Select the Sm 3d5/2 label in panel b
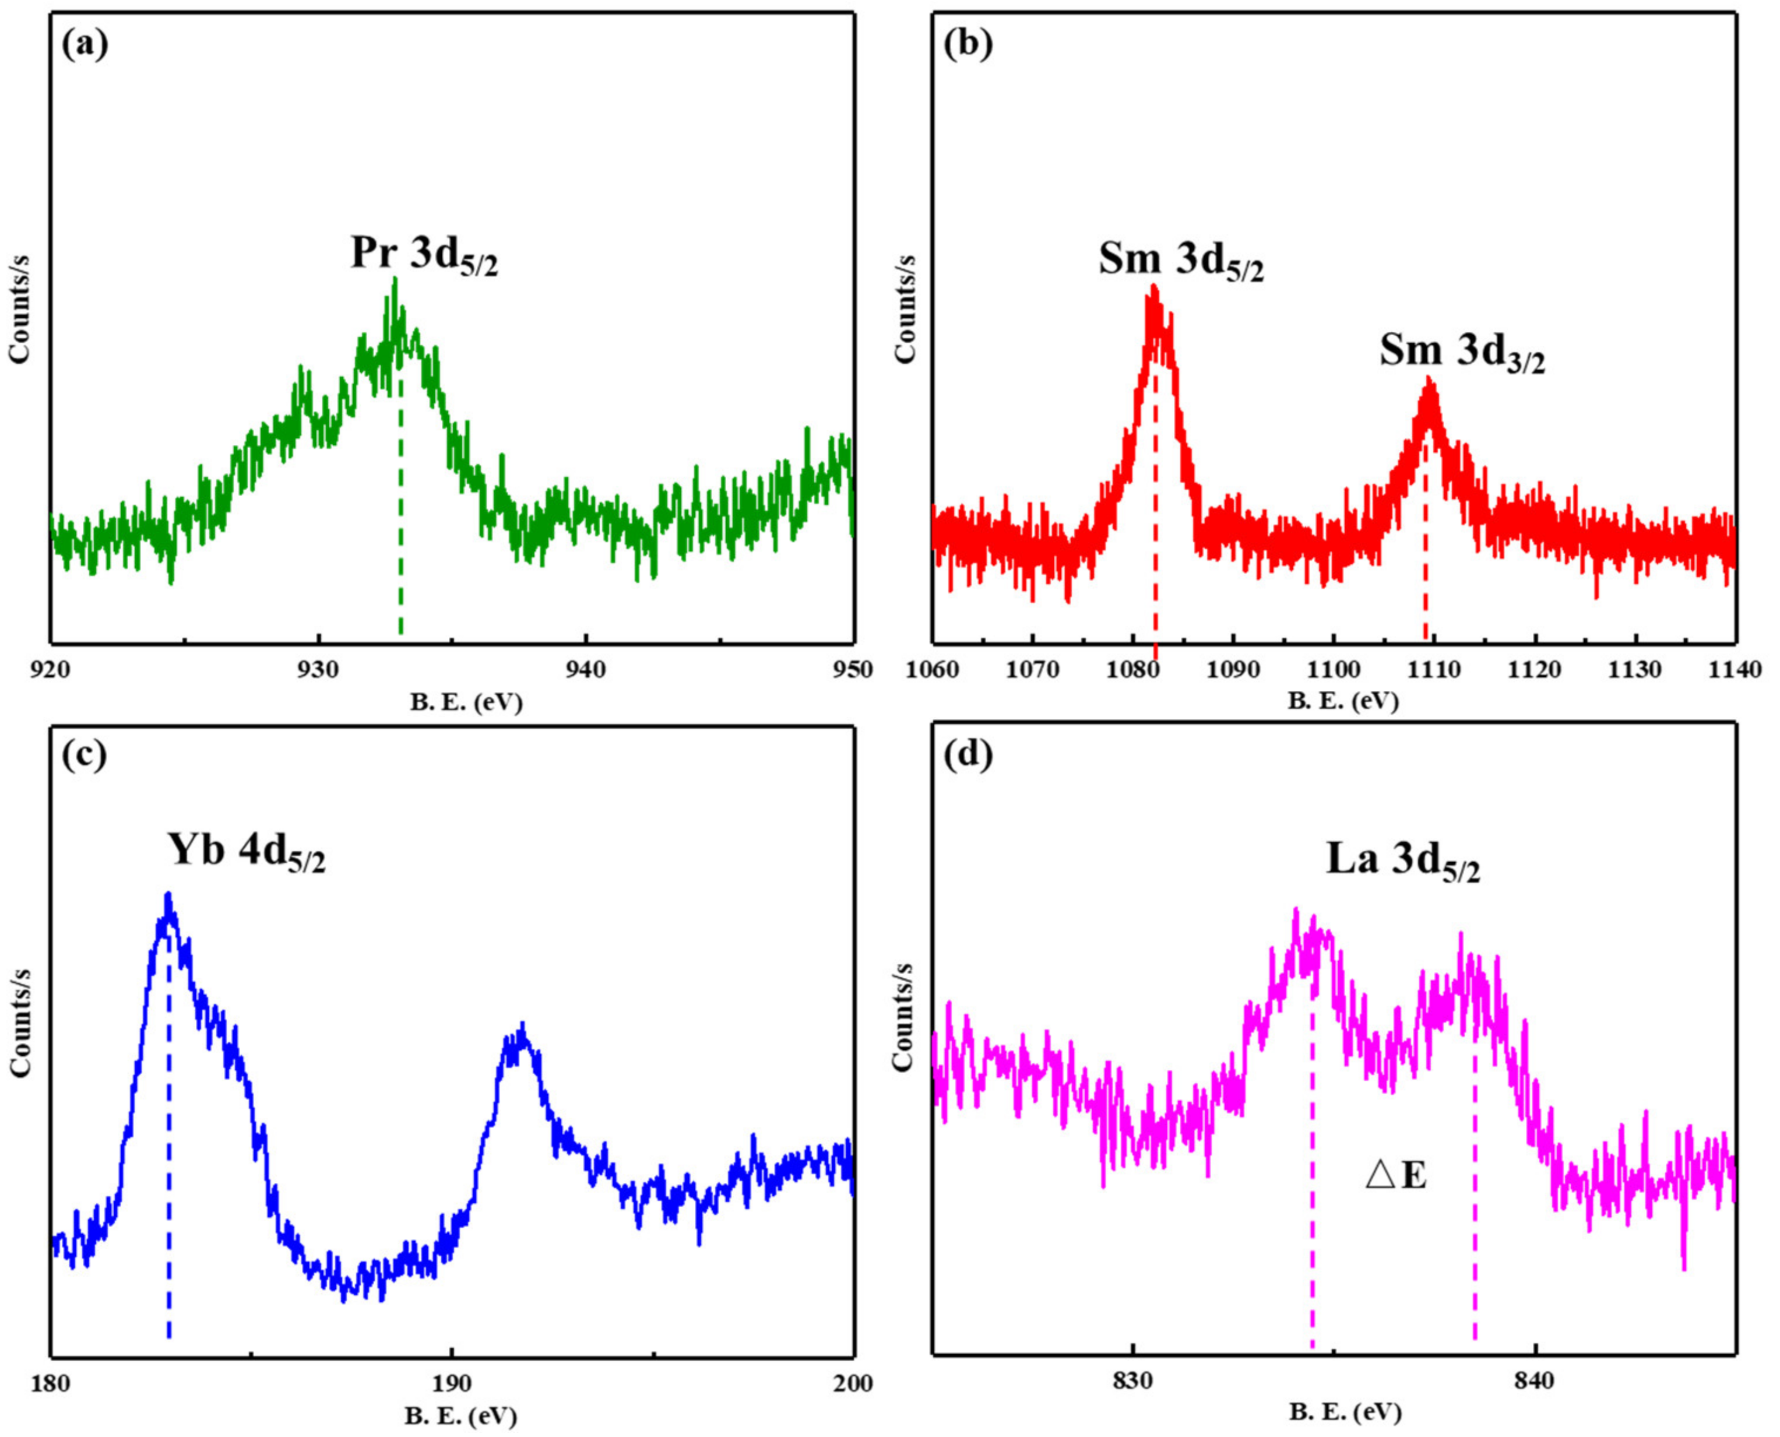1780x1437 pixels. (x=1181, y=262)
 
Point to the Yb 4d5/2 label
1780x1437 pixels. (x=247, y=852)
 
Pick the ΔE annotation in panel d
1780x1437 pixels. (x=1396, y=1175)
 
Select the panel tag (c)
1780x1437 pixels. (x=85, y=757)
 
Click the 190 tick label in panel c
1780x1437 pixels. (x=451, y=1383)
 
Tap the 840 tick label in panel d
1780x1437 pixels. (x=1535, y=1382)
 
